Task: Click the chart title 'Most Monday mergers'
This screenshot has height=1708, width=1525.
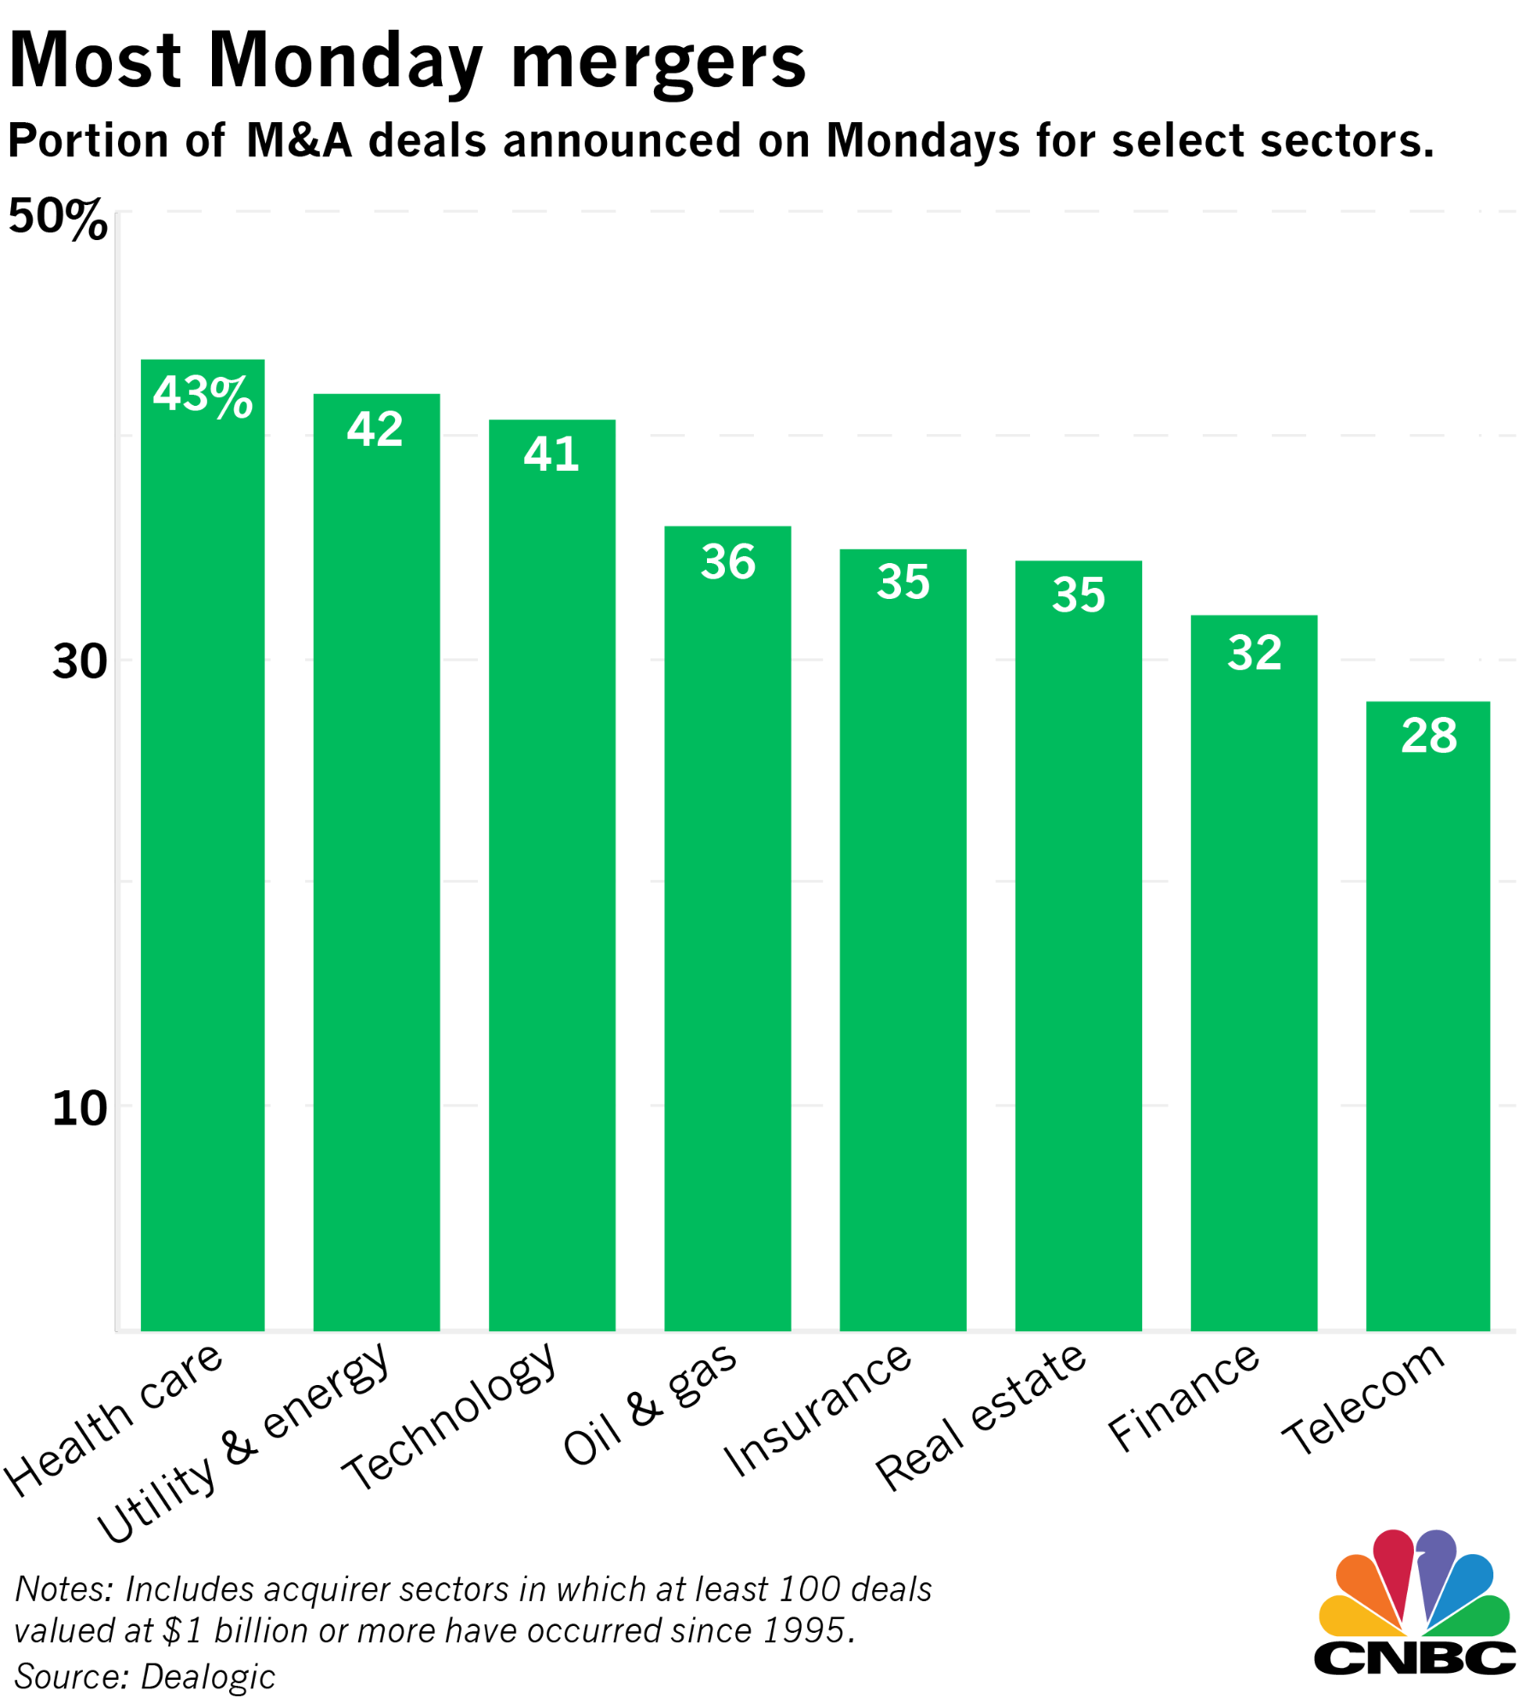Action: tap(407, 62)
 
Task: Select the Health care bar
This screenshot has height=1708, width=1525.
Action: tap(203, 854)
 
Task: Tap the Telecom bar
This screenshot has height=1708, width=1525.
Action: tap(1428, 1025)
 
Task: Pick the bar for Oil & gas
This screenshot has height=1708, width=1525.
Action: tap(727, 940)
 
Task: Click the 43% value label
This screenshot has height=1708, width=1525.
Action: tap(203, 395)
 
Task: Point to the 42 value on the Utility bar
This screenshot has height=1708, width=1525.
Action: tap(375, 429)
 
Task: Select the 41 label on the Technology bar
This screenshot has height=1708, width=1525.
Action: tap(551, 454)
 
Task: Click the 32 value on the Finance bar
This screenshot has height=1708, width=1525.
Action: tap(1254, 653)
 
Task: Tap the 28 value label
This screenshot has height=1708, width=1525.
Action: tap(1428, 736)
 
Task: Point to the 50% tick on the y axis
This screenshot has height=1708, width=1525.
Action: tap(57, 218)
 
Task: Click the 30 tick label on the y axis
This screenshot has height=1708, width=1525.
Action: tap(79, 661)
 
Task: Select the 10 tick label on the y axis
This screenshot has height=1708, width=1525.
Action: tap(79, 1108)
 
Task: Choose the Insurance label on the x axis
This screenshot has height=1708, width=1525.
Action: tap(818, 1410)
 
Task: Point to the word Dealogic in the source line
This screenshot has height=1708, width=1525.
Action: tap(208, 1676)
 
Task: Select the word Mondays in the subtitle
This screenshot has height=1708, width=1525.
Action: tap(922, 140)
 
